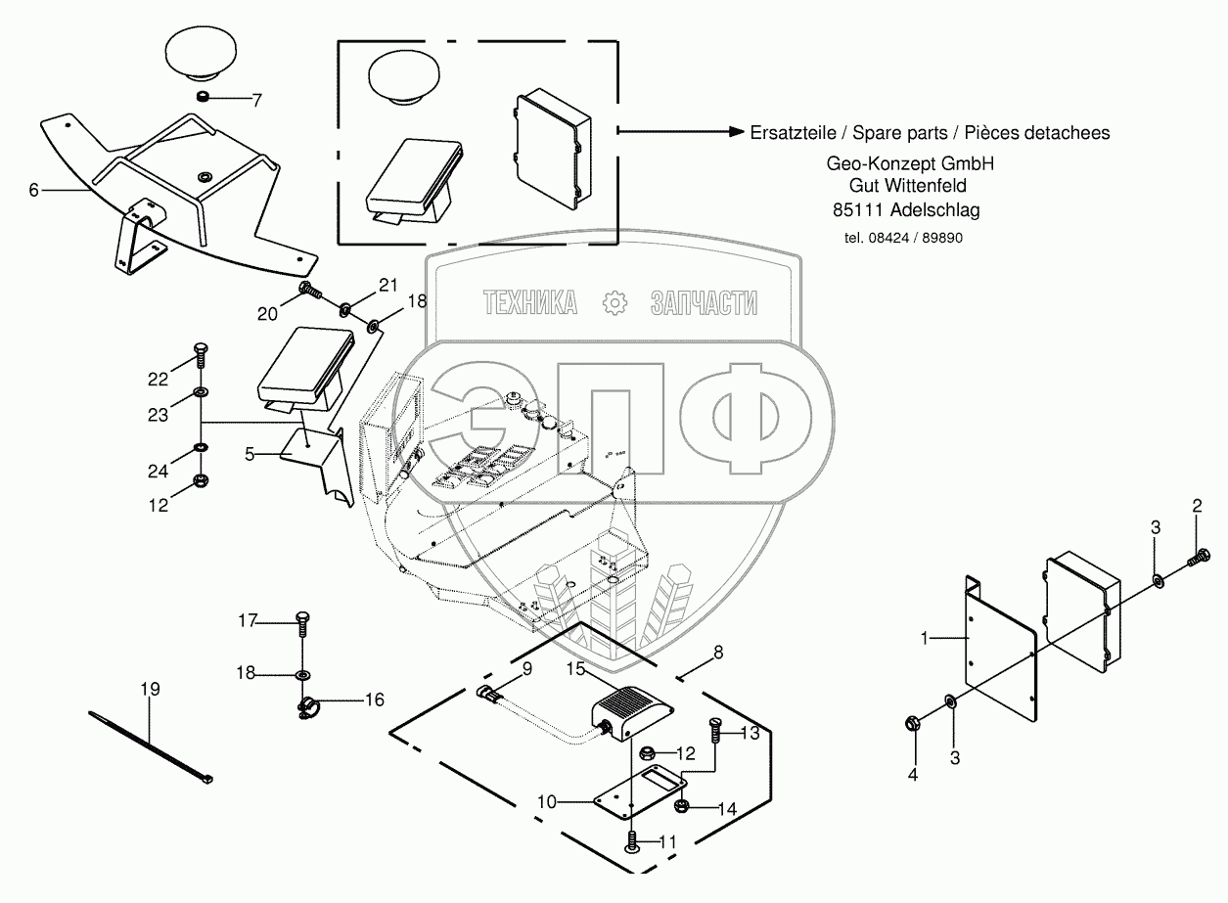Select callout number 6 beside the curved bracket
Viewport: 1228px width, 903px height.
pos(33,190)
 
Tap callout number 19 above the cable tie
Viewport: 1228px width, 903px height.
pos(149,690)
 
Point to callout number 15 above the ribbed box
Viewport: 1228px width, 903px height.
pos(575,668)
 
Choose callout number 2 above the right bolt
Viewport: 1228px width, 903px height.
pos(1196,506)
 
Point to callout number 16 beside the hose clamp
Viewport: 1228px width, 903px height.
pos(375,700)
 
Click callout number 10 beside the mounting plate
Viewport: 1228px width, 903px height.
pos(547,802)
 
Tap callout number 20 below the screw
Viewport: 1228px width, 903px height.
pos(268,313)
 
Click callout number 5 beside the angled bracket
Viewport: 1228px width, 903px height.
pos(250,454)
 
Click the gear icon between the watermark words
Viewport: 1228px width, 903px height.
pos(614,302)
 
